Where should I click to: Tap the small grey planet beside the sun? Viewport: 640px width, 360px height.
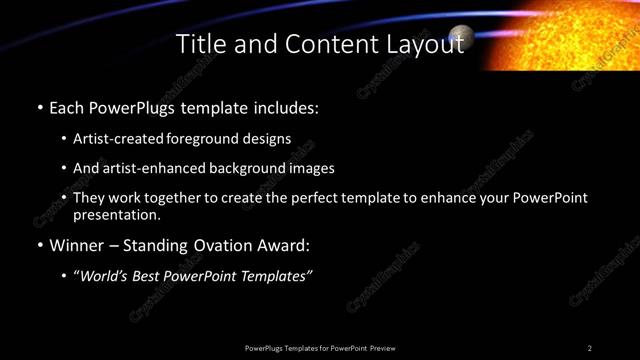pyautogui.click(x=461, y=37)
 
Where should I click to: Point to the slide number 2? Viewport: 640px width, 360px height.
pyautogui.click(x=590, y=347)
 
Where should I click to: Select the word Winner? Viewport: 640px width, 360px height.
pyautogui.click(x=80, y=245)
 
